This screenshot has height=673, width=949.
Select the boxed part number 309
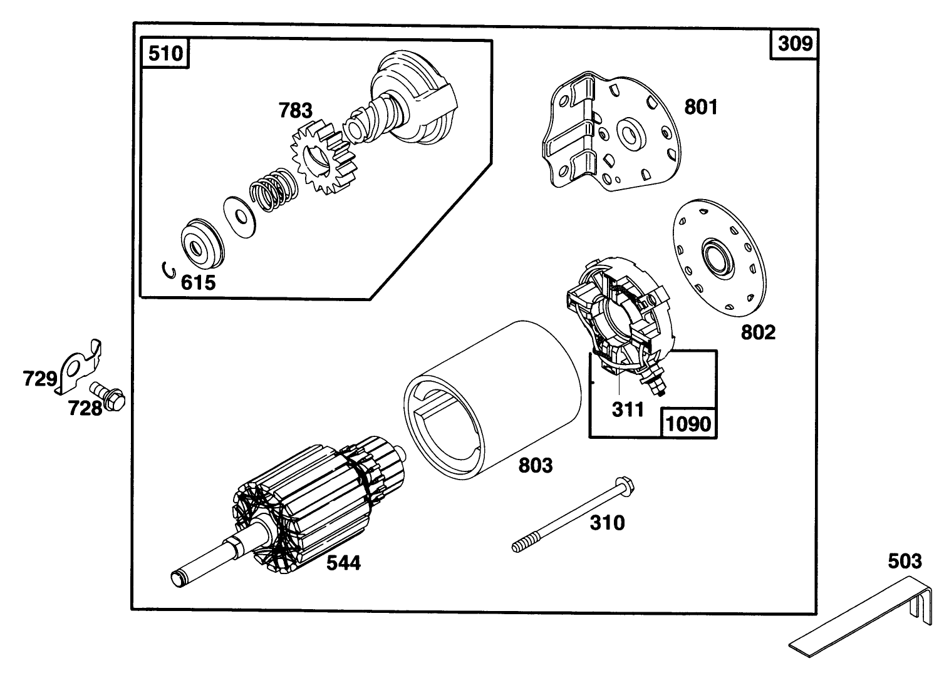795,43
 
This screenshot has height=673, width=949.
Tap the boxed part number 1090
688,424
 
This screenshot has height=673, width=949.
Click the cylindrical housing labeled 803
495,401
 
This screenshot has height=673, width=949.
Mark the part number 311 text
628,409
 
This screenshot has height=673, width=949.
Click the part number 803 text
536,465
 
